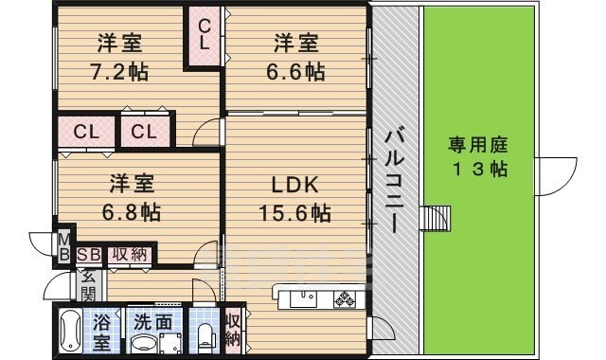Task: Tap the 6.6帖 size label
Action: click(x=296, y=70)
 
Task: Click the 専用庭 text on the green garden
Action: click(x=477, y=146)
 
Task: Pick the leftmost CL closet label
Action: click(x=84, y=132)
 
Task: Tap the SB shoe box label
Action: click(x=89, y=253)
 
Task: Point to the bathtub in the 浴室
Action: click(x=72, y=332)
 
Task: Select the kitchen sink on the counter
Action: click(x=302, y=297)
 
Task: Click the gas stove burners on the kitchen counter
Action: click(x=343, y=297)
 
